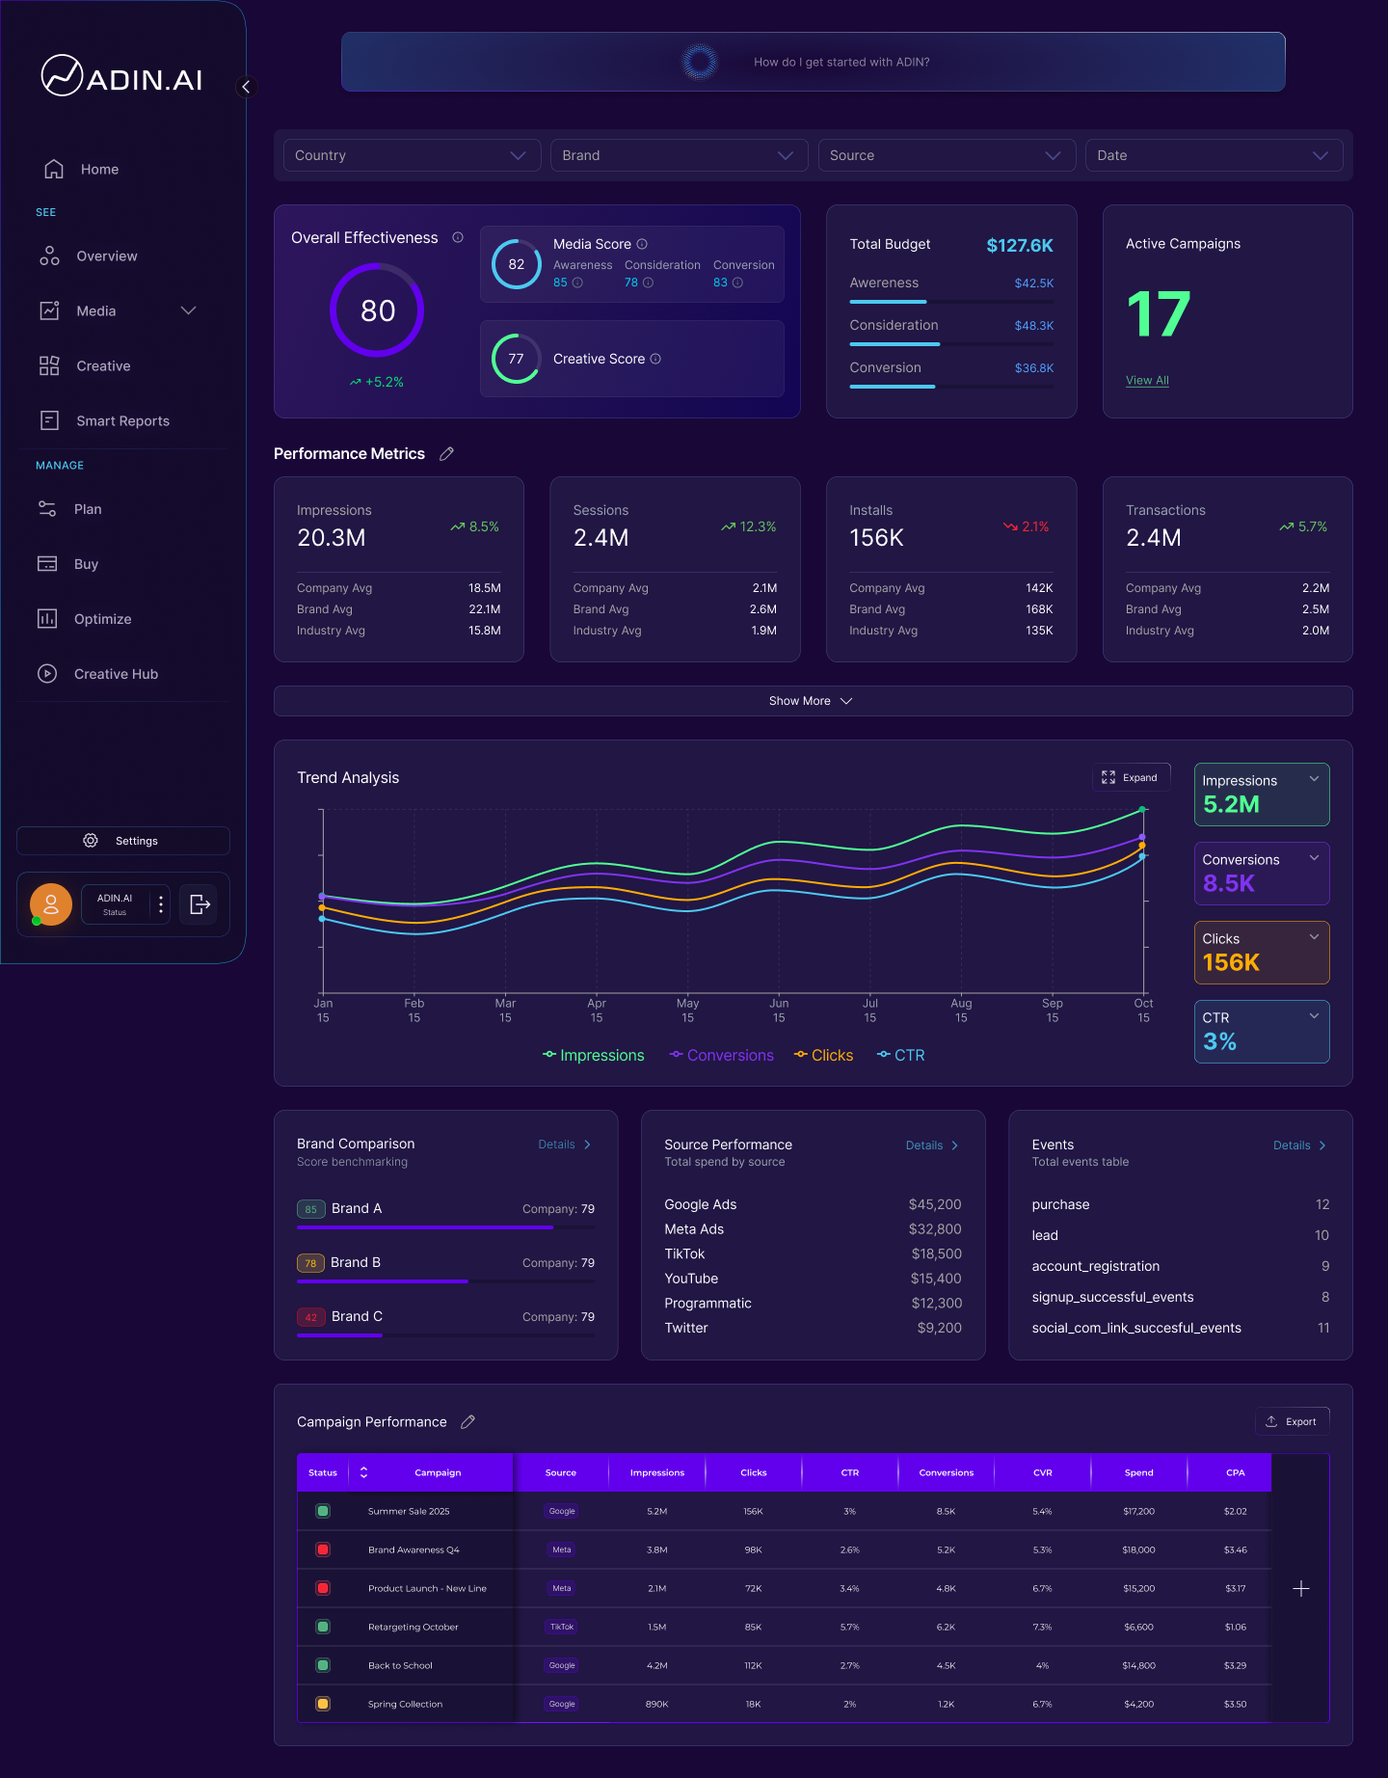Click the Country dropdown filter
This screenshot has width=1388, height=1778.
(x=411, y=155)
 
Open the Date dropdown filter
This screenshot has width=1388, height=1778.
(x=1213, y=155)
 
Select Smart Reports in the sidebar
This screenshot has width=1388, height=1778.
(x=122, y=420)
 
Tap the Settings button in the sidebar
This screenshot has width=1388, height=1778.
(x=123, y=841)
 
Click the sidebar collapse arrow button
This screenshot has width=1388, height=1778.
(x=246, y=87)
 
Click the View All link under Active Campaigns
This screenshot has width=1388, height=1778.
(x=1147, y=380)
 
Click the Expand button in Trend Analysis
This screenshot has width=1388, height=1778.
(x=1131, y=777)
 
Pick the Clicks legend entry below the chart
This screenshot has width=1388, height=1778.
(x=824, y=1055)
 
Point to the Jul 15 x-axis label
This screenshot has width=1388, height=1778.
(x=869, y=1010)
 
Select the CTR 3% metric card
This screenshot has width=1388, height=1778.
(x=1261, y=1031)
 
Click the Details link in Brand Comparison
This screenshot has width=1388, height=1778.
(x=564, y=1145)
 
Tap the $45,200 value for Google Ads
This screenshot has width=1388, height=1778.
(x=934, y=1204)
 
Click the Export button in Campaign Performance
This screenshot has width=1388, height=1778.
(x=1292, y=1421)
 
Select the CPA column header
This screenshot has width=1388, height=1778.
(x=1235, y=1472)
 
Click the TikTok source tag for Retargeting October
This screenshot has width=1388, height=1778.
(x=562, y=1627)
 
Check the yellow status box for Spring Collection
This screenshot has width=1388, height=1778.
(x=323, y=1704)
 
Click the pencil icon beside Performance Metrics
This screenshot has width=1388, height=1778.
(x=446, y=453)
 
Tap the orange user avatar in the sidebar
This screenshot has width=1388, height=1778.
(x=51, y=904)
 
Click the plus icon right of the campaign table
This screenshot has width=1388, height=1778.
(x=1300, y=1588)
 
